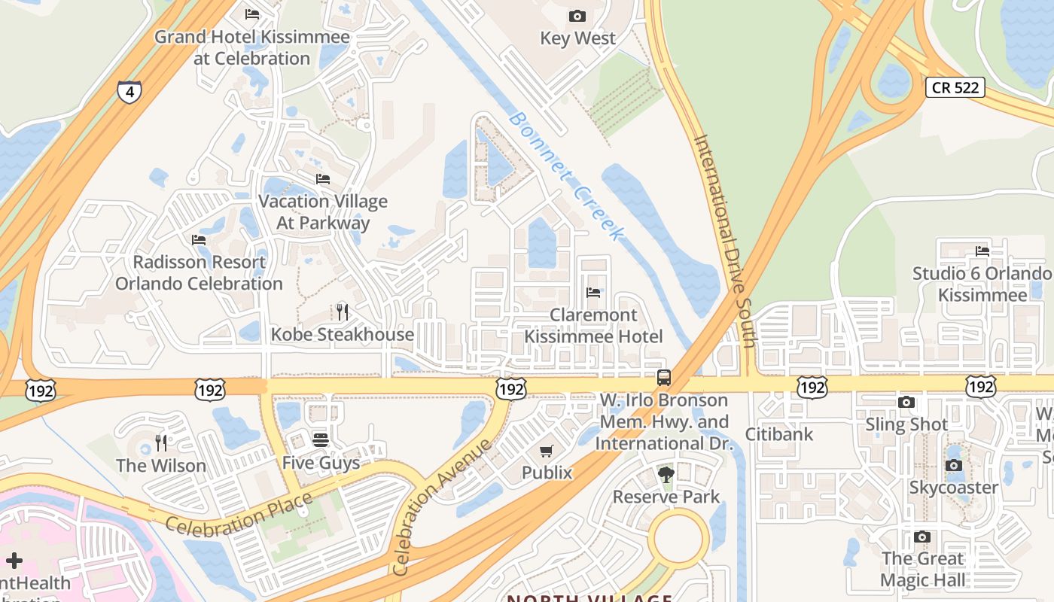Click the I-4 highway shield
pos(129,92)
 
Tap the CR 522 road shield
pos(955,87)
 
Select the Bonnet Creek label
pos(566,176)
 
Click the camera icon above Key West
pos(577,16)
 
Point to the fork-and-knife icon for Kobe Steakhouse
pos(343,312)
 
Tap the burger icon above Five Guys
pos(321,439)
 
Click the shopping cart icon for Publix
pos(547,451)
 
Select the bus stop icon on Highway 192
pos(663,378)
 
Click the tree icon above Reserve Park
pos(666,474)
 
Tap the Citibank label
pos(779,433)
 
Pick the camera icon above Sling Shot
pos(906,402)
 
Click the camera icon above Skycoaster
pos(954,465)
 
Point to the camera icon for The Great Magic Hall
pos(922,537)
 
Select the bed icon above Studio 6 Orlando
pos(982,251)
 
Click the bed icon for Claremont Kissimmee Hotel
pos(593,292)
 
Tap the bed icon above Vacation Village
pos(323,178)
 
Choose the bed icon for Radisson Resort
pos(199,239)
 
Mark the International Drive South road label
pos(724,241)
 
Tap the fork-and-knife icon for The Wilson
pos(160,442)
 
